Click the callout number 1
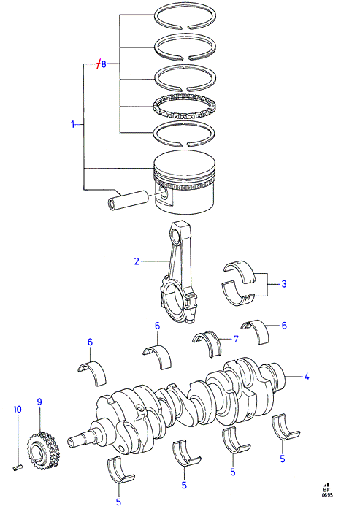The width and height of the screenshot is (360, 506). point(72,124)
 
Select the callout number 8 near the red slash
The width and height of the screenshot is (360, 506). point(104,64)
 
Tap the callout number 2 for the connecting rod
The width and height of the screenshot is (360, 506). point(137,261)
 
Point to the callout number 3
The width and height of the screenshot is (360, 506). point(284,284)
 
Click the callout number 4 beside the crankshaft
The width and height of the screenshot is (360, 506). point(307,376)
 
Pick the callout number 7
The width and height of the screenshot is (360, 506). point(236,339)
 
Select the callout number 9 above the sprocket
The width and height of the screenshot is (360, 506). point(39,402)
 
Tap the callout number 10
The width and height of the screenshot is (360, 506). point(18,409)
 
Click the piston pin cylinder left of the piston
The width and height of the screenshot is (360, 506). point(128,199)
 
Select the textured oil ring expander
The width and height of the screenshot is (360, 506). point(184,107)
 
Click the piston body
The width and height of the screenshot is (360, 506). point(184,183)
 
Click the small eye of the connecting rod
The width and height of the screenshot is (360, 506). point(177,233)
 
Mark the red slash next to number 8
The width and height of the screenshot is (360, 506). point(99,64)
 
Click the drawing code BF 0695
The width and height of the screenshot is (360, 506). point(326,490)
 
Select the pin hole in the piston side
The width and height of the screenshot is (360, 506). point(164,194)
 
